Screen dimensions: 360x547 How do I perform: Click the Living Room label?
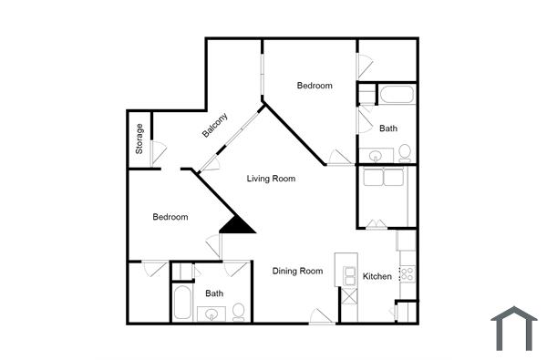tap(271, 179)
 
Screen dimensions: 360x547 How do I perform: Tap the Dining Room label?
tap(298, 271)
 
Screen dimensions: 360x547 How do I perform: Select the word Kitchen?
tap(377, 276)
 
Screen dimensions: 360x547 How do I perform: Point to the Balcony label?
tap(215, 125)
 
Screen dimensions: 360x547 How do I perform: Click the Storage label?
tap(139, 139)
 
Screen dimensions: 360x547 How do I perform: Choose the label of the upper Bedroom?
tap(315, 86)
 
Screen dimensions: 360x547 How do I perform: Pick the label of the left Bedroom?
tap(170, 217)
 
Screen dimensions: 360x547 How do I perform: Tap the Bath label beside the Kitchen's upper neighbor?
tap(388, 129)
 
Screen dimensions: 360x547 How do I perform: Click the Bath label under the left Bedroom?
tap(214, 293)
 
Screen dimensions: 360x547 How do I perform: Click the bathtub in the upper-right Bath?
tap(397, 95)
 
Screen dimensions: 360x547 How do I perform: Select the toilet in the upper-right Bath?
tap(405, 152)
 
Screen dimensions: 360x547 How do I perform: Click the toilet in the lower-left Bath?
tap(239, 313)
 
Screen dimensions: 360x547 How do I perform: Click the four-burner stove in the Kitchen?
tap(408, 271)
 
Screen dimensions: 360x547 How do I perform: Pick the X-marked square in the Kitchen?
tap(348, 296)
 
